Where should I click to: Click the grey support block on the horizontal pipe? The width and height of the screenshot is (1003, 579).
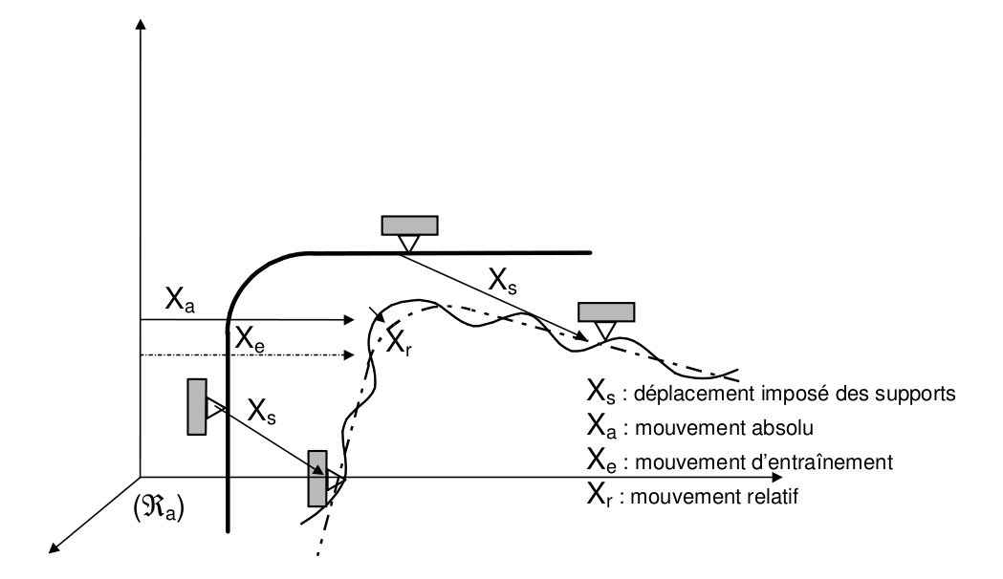410,225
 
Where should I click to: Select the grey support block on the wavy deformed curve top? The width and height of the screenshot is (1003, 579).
606,311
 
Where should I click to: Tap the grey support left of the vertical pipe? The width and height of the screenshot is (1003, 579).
197,407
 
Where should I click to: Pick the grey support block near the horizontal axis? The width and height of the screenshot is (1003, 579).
316,477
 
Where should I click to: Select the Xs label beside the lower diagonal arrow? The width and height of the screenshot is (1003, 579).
263,412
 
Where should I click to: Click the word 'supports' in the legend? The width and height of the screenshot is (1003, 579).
915,393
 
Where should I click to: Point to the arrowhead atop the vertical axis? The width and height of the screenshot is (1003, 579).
141,24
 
